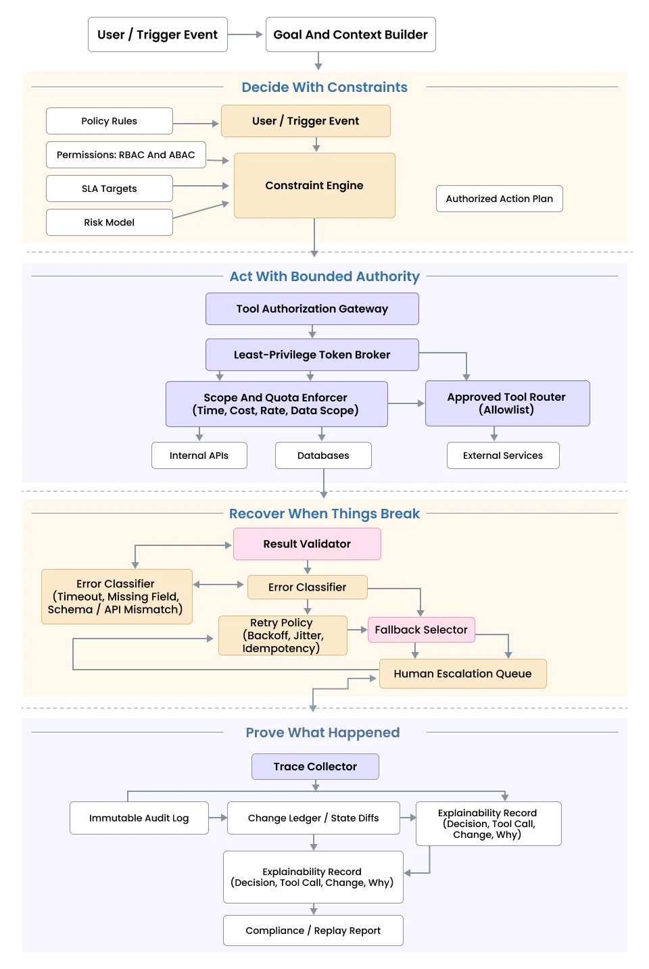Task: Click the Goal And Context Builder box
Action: click(x=350, y=34)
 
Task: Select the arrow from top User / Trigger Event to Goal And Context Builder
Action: click(x=245, y=34)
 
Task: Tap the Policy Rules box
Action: click(x=109, y=121)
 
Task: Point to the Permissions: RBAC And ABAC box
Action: click(x=126, y=155)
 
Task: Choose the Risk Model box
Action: click(x=109, y=222)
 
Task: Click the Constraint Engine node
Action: click(x=314, y=185)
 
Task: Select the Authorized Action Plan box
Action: click(x=499, y=199)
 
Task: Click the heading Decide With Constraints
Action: click(x=324, y=87)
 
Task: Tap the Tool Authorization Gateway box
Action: click(x=312, y=309)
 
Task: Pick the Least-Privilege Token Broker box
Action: click(x=312, y=355)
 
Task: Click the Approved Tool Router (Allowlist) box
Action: click(x=507, y=403)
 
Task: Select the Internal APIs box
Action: click(x=199, y=455)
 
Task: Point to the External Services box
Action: click(x=502, y=455)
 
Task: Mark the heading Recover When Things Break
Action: click(x=324, y=514)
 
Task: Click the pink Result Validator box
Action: click(x=307, y=544)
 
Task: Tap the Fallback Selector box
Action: click(x=421, y=630)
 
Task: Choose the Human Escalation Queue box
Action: click(x=462, y=674)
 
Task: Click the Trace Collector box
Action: click(x=315, y=766)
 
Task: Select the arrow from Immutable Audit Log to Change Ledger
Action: click(x=218, y=818)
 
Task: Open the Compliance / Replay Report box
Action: click(x=313, y=930)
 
